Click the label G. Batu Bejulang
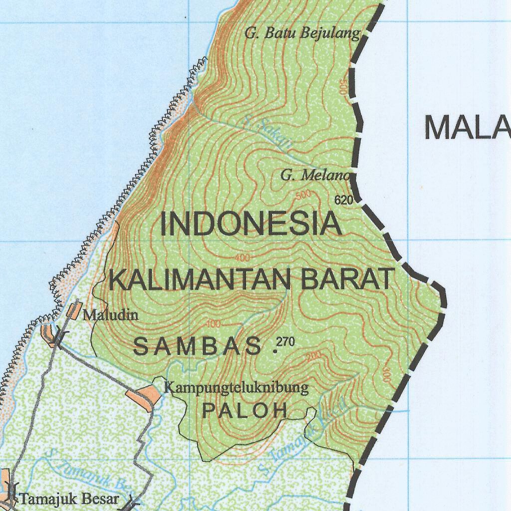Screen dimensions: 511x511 tap(302, 33)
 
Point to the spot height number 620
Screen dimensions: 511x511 tap(344, 201)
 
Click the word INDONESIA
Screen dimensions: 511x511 tap(251, 224)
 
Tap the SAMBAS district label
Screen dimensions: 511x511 tap(198, 346)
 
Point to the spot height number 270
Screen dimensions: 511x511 tap(285, 342)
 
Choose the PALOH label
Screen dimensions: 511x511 tap(245, 410)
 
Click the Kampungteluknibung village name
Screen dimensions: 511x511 tap(237, 387)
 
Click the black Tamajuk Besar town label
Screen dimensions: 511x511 tap(69, 499)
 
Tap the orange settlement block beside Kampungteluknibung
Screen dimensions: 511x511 tap(145, 395)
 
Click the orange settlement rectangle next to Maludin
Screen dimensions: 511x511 tap(73, 310)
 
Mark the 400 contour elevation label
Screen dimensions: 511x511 tap(242, 258)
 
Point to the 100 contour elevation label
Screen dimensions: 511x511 tap(213, 323)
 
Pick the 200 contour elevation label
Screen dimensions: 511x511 tap(314, 356)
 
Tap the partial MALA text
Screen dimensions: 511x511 tap(467, 128)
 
